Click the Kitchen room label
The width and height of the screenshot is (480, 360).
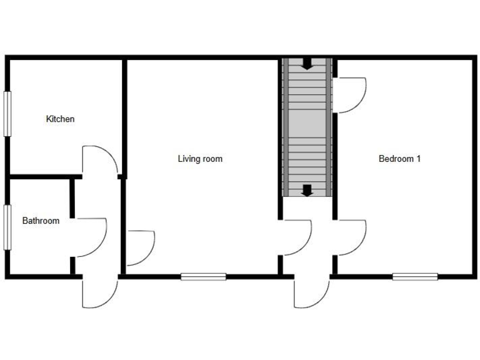tap(60, 119)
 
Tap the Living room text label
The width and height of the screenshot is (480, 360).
tap(200, 159)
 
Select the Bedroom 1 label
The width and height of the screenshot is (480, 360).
tap(399, 159)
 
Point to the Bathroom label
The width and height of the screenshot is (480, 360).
tap(41, 221)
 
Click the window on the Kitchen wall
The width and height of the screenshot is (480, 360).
tap(7, 113)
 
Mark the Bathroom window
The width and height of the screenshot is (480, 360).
tap(7, 227)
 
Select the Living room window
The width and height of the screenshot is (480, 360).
tap(203, 276)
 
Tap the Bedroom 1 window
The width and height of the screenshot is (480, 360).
tap(414, 276)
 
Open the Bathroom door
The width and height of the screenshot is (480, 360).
tap(91, 237)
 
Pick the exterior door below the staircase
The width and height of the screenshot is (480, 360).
tap(311, 291)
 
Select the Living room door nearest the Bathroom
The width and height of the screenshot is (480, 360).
tap(140, 247)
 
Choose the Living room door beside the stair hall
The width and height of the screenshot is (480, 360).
tap(296, 237)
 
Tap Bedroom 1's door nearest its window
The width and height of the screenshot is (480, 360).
tap(351, 237)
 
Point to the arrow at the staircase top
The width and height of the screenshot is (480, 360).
tap(307, 64)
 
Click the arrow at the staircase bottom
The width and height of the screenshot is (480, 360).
tap(307, 190)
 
